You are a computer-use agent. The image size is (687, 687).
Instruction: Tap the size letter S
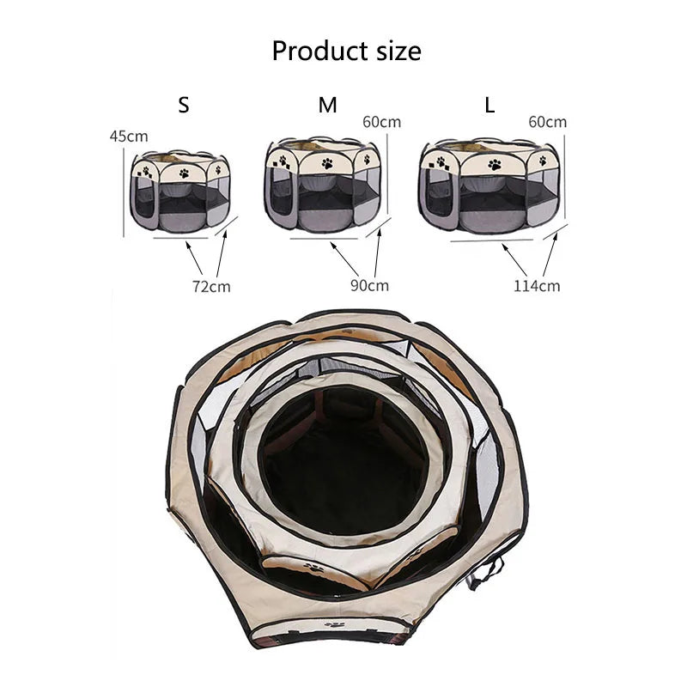[183, 106]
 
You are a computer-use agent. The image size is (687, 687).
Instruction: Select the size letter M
[327, 106]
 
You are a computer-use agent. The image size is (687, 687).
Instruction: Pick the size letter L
[489, 106]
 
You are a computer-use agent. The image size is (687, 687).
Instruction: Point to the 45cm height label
[129, 136]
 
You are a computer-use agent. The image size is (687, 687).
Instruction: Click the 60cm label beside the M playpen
[381, 122]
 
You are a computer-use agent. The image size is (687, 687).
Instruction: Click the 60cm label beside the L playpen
[547, 122]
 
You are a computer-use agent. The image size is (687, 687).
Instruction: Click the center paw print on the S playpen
[183, 173]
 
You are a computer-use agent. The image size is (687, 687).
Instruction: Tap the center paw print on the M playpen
[327, 161]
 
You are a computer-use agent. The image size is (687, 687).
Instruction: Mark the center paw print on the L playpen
[494, 164]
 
